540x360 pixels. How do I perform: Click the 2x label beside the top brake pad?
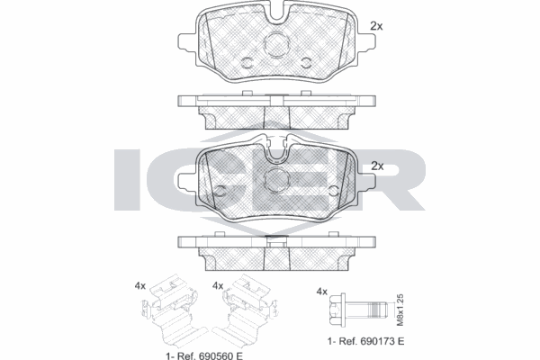pos(376,26)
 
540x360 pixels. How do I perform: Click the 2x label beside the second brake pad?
pos(377,166)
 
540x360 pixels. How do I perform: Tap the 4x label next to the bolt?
pos(321,292)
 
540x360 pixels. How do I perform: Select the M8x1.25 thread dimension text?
pos(400,310)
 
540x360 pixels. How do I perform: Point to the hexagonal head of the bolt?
pos(337,310)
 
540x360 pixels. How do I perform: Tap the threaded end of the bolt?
pos(378,310)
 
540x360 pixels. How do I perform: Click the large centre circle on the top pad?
pos(276,44)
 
